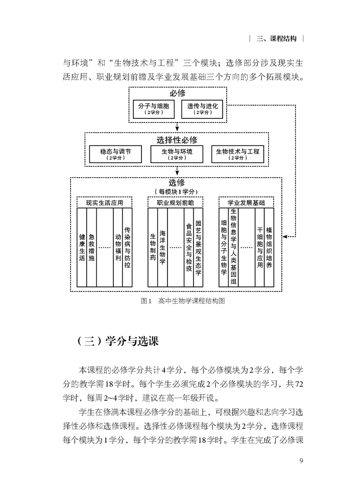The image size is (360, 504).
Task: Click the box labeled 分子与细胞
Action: point(153,109)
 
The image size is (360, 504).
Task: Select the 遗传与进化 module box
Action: point(202,109)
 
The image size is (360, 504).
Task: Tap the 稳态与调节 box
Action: point(115,154)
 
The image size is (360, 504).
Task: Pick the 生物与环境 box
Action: point(177,154)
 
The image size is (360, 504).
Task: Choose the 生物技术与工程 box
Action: point(238,154)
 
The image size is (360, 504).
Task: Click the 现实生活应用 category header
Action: point(104,203)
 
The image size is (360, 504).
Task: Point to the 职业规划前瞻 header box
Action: point(175,203)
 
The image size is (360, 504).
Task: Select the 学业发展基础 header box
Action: point(246,203)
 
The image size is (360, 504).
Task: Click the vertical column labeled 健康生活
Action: point(82,247)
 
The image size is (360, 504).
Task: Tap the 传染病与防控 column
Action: point(127,247)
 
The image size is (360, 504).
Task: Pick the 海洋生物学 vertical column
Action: point(162,247)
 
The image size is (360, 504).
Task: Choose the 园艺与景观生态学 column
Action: point(199,247)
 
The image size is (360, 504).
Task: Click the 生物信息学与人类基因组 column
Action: point(234,247)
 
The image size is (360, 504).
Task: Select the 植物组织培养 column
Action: point(269,247)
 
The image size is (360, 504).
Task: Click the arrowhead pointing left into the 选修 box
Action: point(285,237)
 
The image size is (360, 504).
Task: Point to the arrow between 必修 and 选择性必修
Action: point(177,127)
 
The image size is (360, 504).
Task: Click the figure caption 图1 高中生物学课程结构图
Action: point(183,301)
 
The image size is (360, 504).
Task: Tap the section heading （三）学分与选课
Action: point(118,341)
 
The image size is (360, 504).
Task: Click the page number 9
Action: point(301,461)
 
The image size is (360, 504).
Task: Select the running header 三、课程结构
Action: point(276,39)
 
